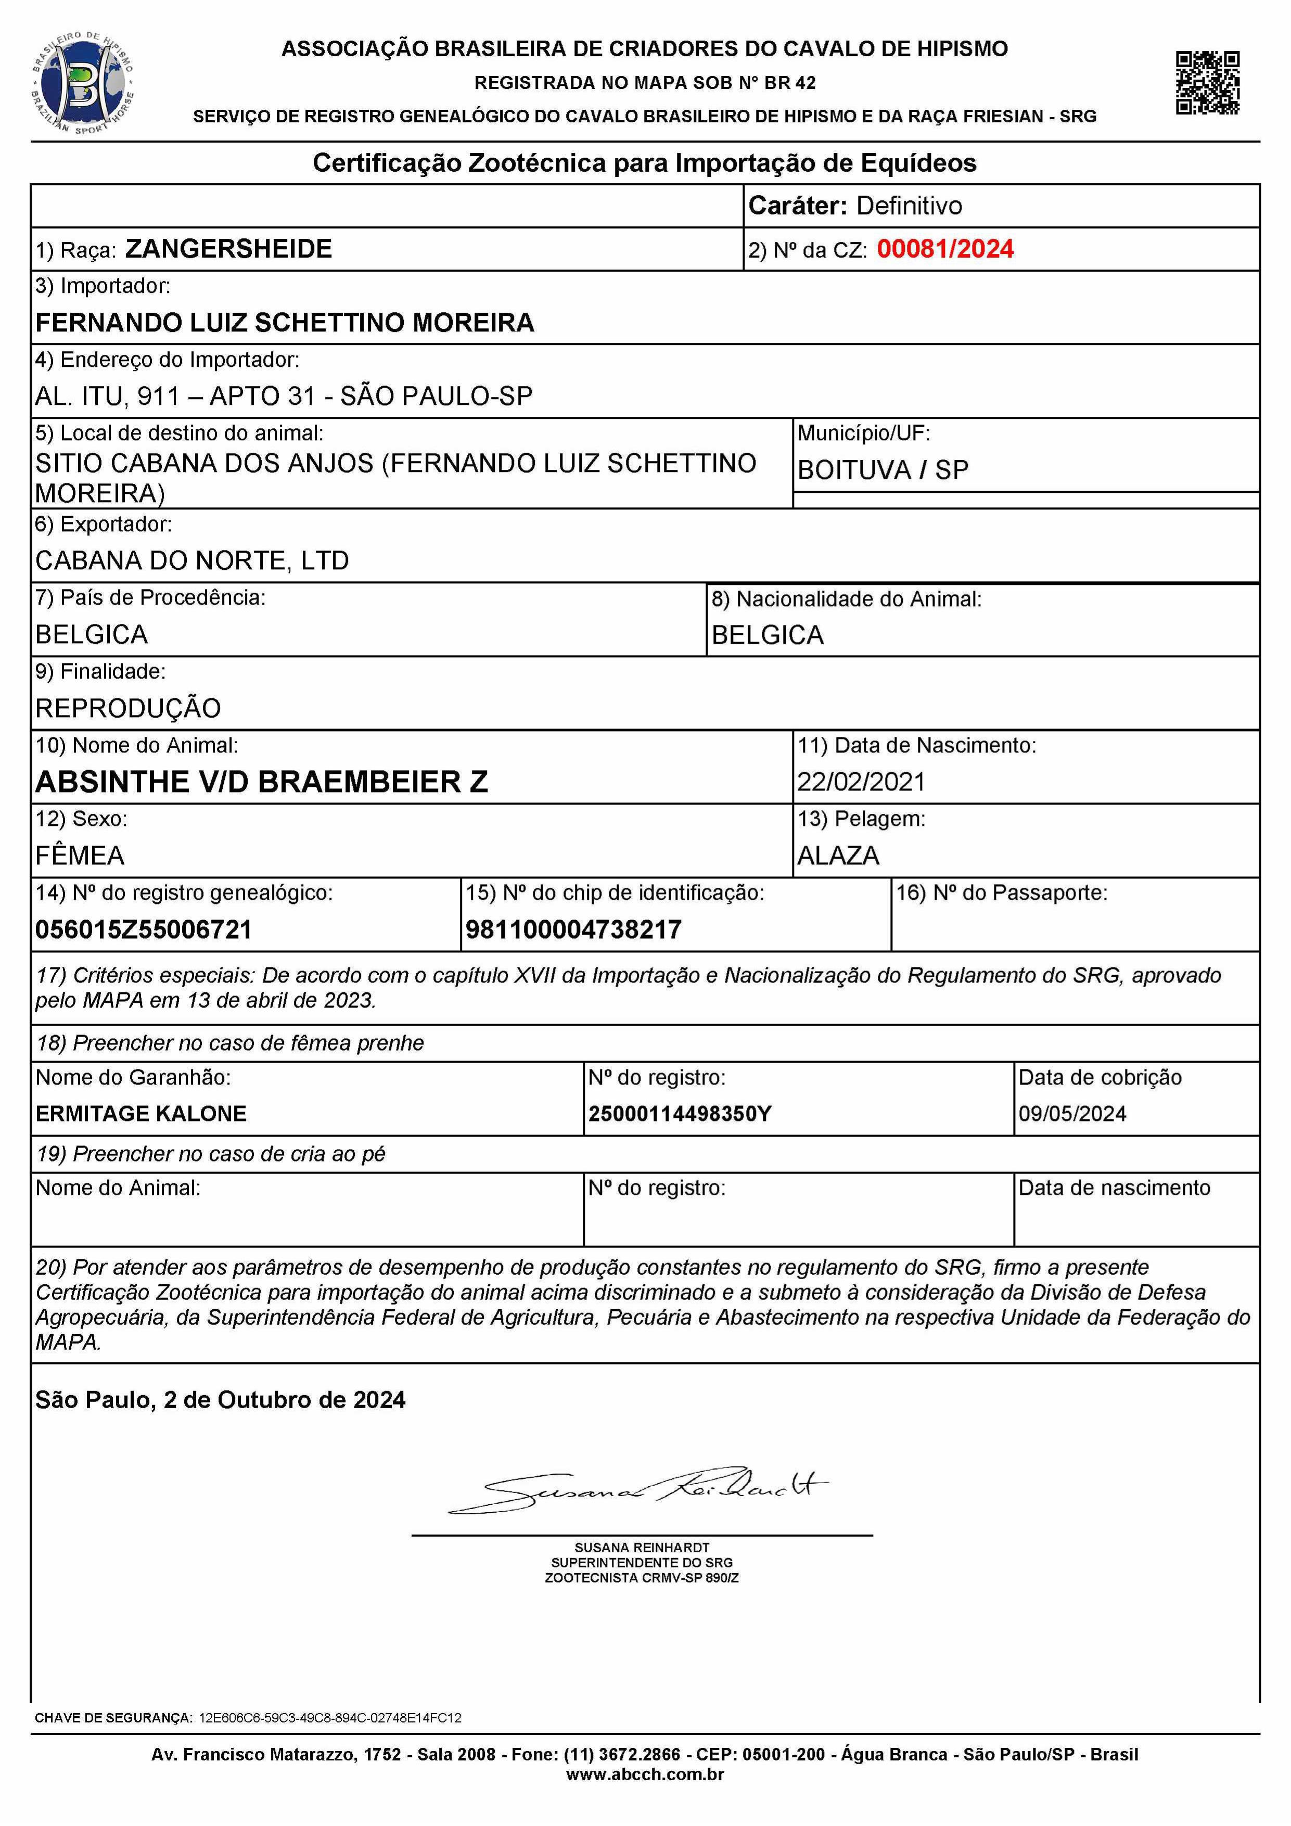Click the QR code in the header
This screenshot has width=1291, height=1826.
pos(1207,83)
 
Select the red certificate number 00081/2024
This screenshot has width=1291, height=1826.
pos(945,249)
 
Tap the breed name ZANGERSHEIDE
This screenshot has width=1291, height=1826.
pos(228,249)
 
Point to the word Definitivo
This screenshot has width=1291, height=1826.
pos(909,206)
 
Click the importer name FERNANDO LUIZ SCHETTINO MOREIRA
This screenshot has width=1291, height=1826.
pos(285,322)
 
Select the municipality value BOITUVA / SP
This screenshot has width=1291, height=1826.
pos(883,470)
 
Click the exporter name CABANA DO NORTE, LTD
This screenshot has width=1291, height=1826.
pos(191,560)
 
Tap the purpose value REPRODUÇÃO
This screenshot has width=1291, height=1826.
pos(128,708)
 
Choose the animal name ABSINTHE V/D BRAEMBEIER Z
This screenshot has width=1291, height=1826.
pos(261,782)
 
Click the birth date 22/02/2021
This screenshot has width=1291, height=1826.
pos(862,782)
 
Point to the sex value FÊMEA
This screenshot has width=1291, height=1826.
pos(80,855)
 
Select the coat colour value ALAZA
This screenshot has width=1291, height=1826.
pos(838,855)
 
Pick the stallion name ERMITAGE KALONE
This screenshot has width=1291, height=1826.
pos(141,1114)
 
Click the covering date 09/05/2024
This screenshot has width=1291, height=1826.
pos(1072,1114)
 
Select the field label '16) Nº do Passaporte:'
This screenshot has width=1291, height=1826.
pos(1002,893)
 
